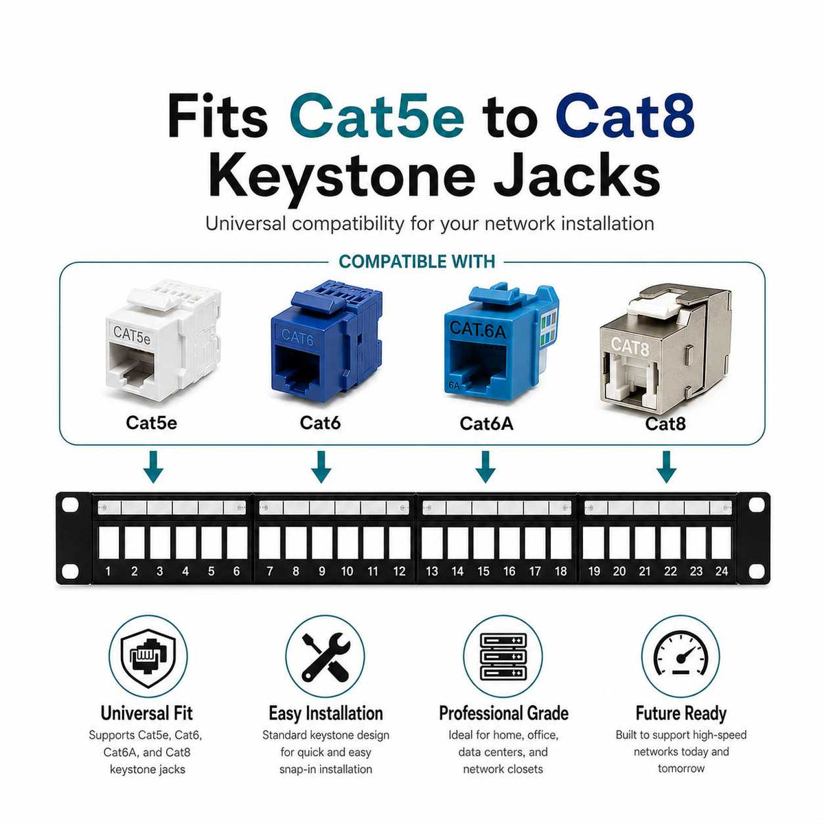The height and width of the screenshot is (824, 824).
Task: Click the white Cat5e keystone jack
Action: tap(163, 341)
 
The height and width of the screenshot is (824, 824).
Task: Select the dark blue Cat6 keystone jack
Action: tap(326, 341)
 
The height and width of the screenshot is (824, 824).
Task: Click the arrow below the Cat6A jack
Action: tap(485, 466)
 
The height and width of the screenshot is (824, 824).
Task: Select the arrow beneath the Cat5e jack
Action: tap(153, 466)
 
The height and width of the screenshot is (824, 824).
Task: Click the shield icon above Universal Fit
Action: tap(148, 658)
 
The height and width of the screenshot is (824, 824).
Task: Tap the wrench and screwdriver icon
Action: tap(325, 657)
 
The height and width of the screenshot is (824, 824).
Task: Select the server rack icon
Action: tap(503, 657)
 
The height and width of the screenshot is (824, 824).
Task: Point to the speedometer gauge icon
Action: tap(680, 655)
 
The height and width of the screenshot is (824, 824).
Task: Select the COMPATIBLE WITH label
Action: tap(417, 262)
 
